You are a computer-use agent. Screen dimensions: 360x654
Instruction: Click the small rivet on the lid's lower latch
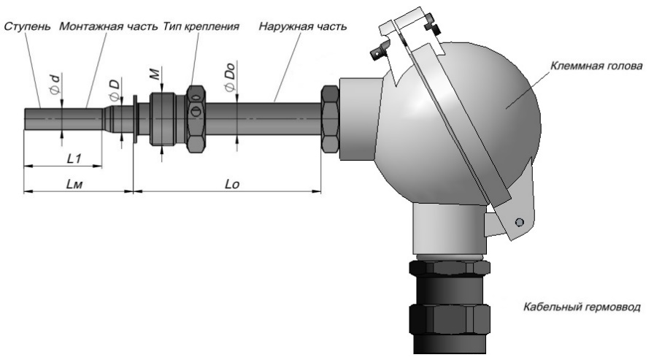pos(519,221)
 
